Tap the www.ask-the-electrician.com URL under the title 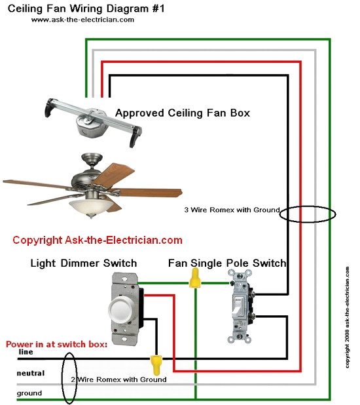(82, 20)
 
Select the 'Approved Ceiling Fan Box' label (183, 113)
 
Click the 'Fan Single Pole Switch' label (227, 263)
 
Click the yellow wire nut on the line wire (156, 362)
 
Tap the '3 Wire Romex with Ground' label (232, 210)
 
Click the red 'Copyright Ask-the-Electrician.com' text (98, 241)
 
